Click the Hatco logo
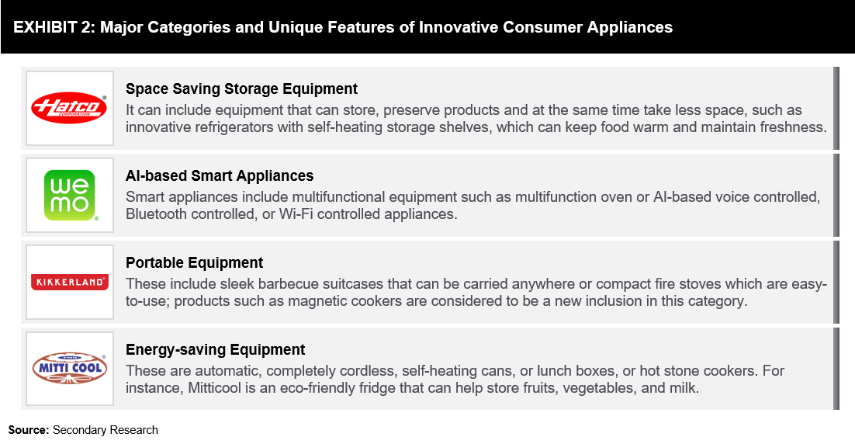pyautogui.click(x=69, y=107)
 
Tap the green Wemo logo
pyautogui.click(x=69, y=196)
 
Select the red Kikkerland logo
pyautogui.click(x=69, y=282)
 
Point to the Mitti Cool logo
pyautogui.click(x=69, y=368)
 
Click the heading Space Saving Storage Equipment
pyautogui.click(x=241, y=89)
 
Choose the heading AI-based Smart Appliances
pyautogui.click(x=220, y=175)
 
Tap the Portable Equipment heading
pyautogui.click(x=194, y=262)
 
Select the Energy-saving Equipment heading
pyautogui.click(x=216, y=349)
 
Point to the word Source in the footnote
pyautogui.click(x=29, y=430)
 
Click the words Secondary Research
pyautogui.click(x=106, y=430)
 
